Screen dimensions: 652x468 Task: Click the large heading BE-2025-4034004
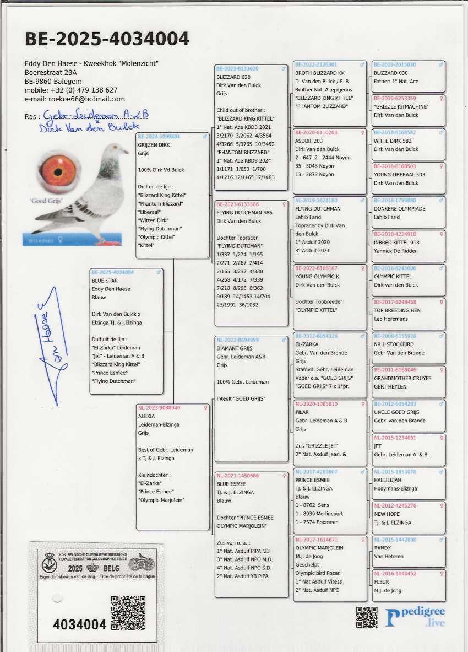tap(107, 39)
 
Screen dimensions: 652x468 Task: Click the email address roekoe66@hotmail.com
tap(75, 99)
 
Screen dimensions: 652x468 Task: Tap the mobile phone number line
tap(71, 90)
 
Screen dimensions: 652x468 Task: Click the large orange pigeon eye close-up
tap(58, 172)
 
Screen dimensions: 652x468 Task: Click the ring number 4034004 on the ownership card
tap(79, 624)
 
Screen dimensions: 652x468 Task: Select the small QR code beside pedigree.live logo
tap(367, 617)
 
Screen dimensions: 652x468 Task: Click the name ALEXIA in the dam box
tap(146, 417)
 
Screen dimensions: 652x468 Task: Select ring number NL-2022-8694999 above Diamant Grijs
tap(238, 340)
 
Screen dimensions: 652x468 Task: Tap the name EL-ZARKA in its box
tap(307, 344)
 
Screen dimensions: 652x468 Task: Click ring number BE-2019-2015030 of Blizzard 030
tap(395, 64)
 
